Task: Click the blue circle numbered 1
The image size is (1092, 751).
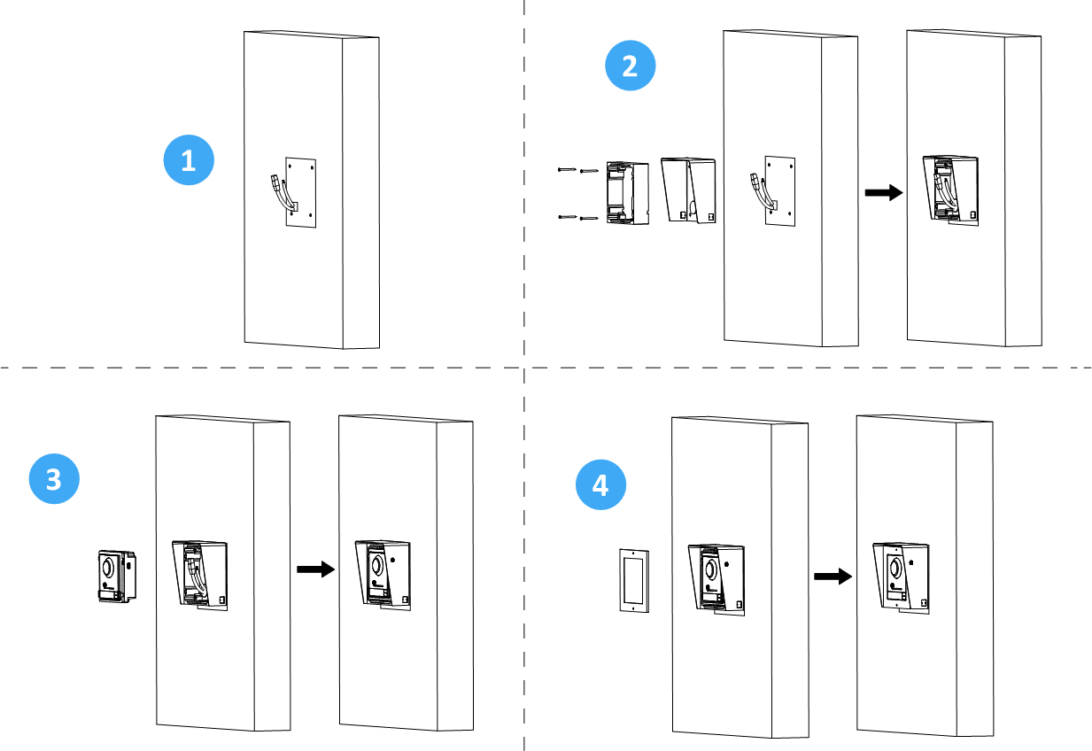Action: pyautogui.click(x=189, y=160)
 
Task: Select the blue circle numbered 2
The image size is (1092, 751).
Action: pyautogui.click(x=631, y=66)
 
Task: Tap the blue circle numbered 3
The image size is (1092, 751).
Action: pyautogui.click(x=54, y=479)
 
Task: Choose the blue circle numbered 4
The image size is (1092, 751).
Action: pyautogui.click(x=601, y=484)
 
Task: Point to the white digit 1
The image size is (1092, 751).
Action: pyautogui.click(x=188, y=161)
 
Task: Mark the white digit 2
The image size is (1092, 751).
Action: pyautogui.click(x=630, y=66)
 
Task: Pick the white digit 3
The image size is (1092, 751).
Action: pyautogui.click(x=53, y=479)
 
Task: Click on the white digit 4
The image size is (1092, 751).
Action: pyautogui.click(x=600, y=485)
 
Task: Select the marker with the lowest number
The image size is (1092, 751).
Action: pyautogui.click(x=189, y=160)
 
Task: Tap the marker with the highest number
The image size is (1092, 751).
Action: pyautogui.click(x=601, y=484)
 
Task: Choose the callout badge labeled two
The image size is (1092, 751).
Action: pyautogui.click(x=631, y=66)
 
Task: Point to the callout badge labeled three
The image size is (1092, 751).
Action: pyautogui.click(x=54, y=479)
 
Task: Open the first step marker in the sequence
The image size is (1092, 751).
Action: pyautogui.click(x=189, y=160)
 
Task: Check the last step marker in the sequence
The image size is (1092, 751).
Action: pyautogui.click(x=601, y=484)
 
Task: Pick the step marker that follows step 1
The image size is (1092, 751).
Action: pyautogui.click(x=631, y=66)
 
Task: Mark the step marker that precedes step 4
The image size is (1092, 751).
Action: pyautogui.click(x=54, y=479)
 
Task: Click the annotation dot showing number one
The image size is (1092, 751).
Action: pyautogui.click(x=189, y=160)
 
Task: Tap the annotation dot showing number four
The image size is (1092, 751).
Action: pyautogui.click(x=601, y=484)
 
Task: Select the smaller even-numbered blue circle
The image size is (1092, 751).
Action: pyautogui.click(x=631, y=66)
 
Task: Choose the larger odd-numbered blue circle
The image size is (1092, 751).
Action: pyautogui.click(x=54, y=479)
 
